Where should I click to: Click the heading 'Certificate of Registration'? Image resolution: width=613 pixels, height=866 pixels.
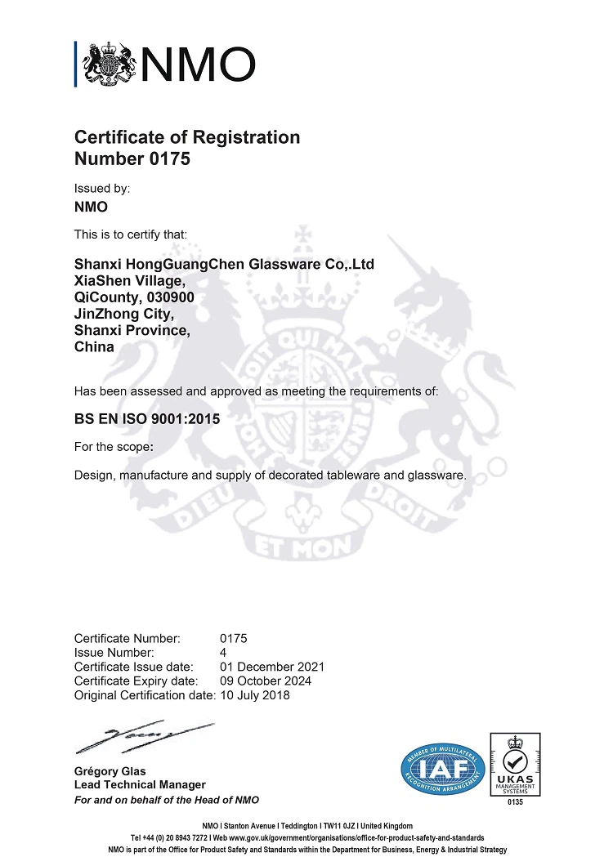pyautogui.click(x=187, y=137)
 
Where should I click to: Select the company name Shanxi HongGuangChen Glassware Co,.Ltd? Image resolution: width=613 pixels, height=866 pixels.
pyautogui.click(x=224, y=264)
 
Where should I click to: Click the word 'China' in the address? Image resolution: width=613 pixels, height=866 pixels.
pyautogui.click(x=94, y=346)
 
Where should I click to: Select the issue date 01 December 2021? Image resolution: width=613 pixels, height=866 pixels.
pyautogui.click(x=272, y=666)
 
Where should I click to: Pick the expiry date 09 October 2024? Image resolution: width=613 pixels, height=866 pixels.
pyautogui.click(x=266, y=681)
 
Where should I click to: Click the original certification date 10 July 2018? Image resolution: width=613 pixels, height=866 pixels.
pyautogui.click(x=255, y=695)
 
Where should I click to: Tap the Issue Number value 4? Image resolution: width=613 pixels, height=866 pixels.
pyautogui.click(x=223, y=652)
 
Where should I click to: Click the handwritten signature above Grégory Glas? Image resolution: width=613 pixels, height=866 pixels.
pyautogui.click(x=143, y=736)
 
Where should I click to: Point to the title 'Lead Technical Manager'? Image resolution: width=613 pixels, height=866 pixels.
pyautogui.click(x=140, y=785)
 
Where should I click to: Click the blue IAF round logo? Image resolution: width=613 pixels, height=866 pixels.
pyautogui.click(x=443, y=769)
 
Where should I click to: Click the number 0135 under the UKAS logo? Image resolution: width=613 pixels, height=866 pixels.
pyautogui.click(x=515, y=802)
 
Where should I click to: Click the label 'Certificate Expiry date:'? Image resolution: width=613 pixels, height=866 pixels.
pyautogui.click(x=136, y=681)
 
